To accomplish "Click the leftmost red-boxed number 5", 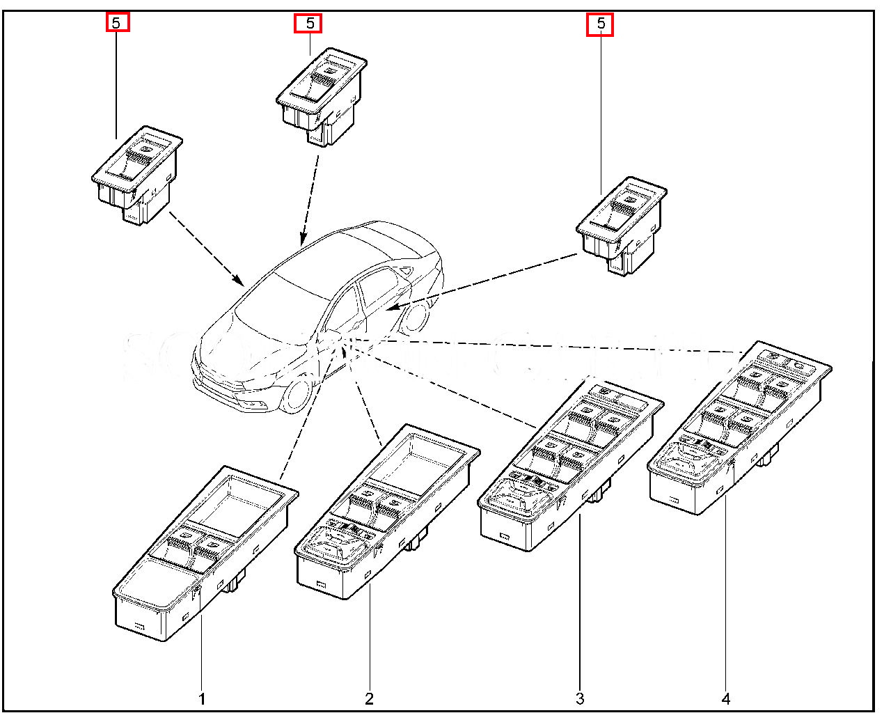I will [x=118, y=23].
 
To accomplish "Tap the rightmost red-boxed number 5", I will [x=600, y=25].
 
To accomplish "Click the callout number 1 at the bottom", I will [x=202, y=698].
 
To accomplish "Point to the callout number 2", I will [x=369, y=698].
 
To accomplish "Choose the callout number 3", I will [x=580, y=698].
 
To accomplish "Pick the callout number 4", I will [x=726, y=698].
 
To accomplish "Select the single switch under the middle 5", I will [x=321, y=95].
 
